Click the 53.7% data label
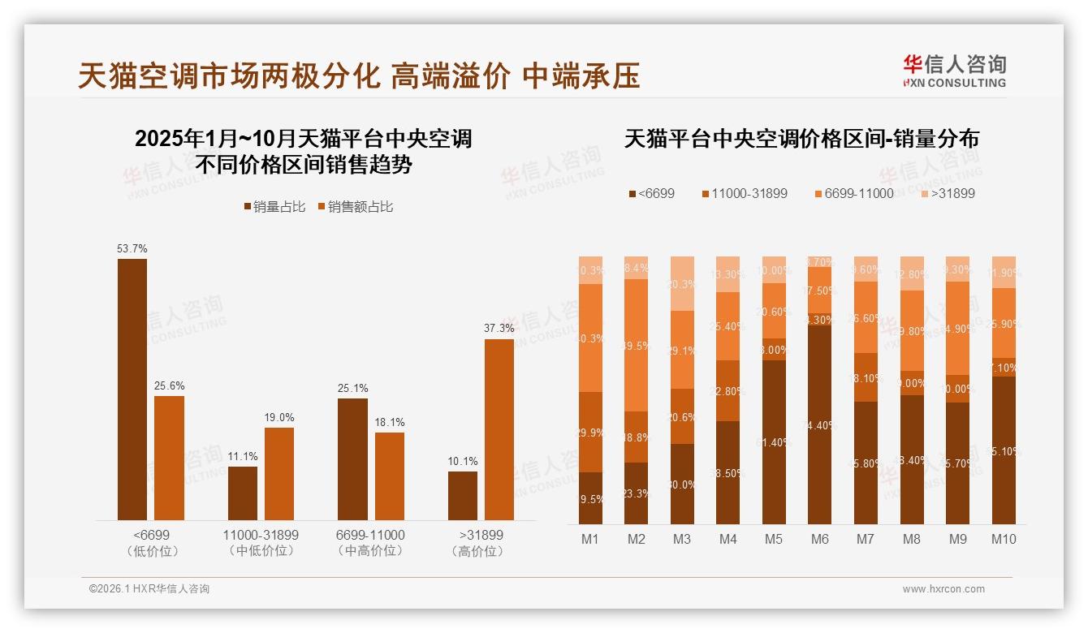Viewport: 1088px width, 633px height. click(x=132, y=248)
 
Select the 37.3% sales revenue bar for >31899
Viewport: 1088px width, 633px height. click(x=499, y=429)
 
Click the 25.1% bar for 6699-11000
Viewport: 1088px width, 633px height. click(x=352, y=459)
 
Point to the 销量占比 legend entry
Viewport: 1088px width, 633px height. click(x=274, y=207)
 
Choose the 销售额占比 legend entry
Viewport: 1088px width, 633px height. click(x=356, y=207)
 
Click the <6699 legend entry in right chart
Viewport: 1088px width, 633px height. click(x=651, y=193)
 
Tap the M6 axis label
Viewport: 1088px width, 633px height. click(x=819, y=539)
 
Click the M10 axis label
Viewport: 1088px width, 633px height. click(x=1004, y=539)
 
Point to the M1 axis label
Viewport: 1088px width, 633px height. click(x=590, y=539)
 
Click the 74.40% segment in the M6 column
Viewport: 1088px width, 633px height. click(x=819, y=424)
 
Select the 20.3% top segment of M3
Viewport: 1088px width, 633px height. click(x=682, y=284)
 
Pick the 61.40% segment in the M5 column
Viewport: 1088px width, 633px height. click(x=774, y=441)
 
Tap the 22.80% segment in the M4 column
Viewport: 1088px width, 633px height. click(x=728, y=390)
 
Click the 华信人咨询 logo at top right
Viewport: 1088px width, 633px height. click(x=954, y=71)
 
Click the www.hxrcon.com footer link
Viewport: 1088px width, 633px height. click(x=943, y=589)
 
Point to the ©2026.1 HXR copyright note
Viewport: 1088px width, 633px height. click(x=149, y=589)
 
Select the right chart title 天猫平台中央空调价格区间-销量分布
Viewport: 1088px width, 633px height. click(x=801, y=139)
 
